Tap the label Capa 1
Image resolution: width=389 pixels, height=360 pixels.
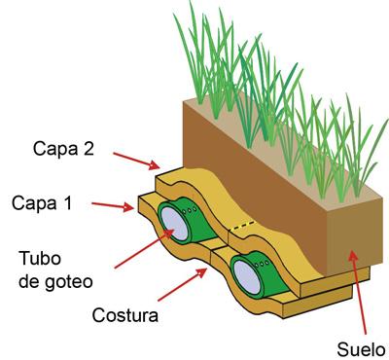click(x=42, y=203)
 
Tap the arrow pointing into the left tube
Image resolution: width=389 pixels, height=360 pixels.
click(x=142, y=248)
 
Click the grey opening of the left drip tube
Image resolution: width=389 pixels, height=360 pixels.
click(x=172, y=223)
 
